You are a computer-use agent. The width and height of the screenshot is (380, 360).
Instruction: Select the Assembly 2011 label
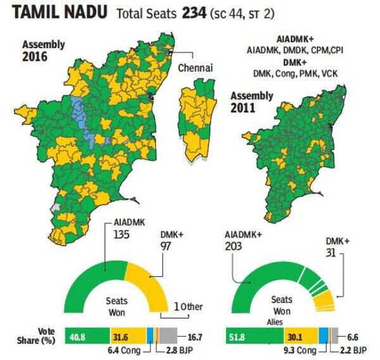(251, 101)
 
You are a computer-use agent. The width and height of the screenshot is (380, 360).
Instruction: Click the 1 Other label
(188, 307)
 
